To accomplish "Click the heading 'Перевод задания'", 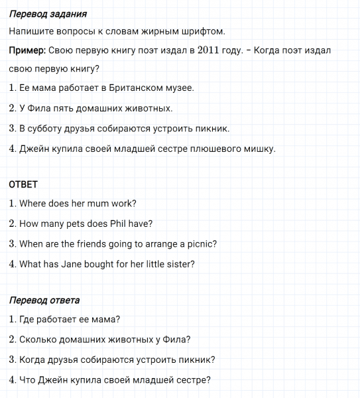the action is point(48,13).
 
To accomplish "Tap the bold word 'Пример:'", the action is point(27,50).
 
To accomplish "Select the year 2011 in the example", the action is point(214,50).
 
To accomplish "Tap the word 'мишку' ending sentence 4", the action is point(261,149).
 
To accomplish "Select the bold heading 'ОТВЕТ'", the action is point(23,184).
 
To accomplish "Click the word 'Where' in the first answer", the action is point(32,204).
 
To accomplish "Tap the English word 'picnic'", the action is point(202,243).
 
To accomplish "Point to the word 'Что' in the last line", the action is point(27,380).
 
